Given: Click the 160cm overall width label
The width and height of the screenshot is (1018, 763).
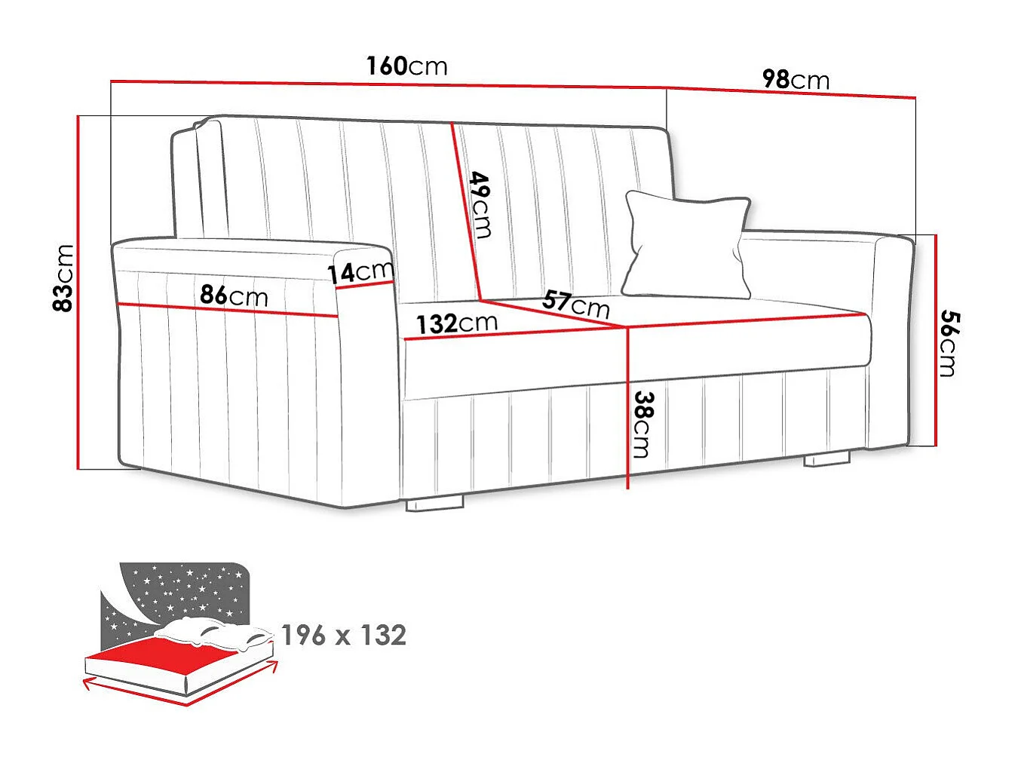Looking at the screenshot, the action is click(x=406, y=66).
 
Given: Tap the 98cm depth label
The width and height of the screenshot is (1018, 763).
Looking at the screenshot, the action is click(x=796, y=80).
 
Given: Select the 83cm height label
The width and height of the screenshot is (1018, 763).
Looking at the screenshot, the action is click(x=63, y=278).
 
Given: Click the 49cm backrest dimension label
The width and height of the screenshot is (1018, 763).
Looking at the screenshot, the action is click(x=481, y=204).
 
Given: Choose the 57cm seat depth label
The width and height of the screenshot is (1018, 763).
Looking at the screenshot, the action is click(x=575, y=305).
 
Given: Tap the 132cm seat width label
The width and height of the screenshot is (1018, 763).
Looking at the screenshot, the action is click(x=457, y=323).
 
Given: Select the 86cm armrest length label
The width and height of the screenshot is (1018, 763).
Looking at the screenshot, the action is click(x=234, y=296).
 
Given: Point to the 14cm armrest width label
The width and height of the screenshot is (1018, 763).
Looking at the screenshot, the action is click(x=360, y=272).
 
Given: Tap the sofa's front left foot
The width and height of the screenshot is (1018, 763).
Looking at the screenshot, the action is click(x=434, y=505).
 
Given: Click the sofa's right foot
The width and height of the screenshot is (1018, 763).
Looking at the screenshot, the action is click(x=827, y=458).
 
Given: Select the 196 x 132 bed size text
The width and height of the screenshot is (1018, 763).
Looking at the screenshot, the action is click(x=344, y=636).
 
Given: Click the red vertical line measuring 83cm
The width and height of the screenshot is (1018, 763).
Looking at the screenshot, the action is click(x=78, y=293).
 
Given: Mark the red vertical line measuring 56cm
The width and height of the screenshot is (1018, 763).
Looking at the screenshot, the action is click(x=936, y=340).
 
